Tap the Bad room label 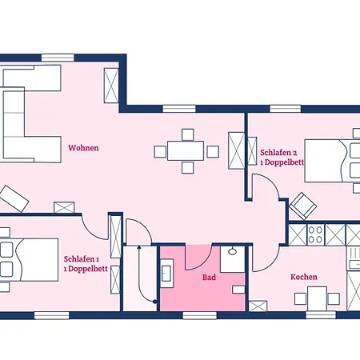pyautogui.click(x=210, y=277)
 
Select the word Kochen pyautogui.click(x=303, y=277)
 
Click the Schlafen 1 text pyautogui.click(x=80, y=259)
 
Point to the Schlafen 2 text pyautogui.click(x=278, y=151)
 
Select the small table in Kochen pyautogui.click(x=316, y=299)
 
